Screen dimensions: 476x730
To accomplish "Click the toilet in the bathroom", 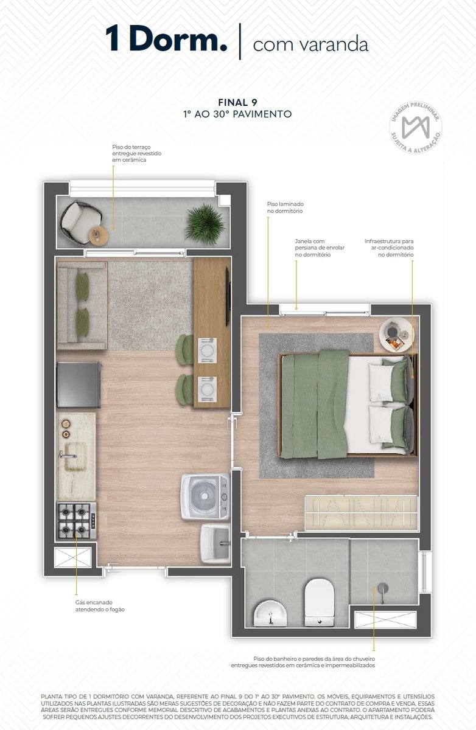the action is [320, 602].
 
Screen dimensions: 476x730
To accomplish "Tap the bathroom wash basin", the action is [270, 613].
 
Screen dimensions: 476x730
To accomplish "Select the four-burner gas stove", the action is [77, 521].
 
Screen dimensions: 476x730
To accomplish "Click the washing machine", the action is [205, 497].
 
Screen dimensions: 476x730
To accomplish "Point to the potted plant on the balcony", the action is [205, 224].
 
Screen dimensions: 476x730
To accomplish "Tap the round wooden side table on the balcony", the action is [99, 235].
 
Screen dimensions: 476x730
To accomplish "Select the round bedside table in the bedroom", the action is [396, 335].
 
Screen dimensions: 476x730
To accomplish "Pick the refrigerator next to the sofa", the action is [79, 384].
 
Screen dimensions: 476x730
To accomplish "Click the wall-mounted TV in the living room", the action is [228, 296].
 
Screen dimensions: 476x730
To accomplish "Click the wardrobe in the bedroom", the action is [361, 513].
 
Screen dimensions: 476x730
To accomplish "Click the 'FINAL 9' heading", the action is [237, 102].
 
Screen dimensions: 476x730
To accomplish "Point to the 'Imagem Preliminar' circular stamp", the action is [415, 127].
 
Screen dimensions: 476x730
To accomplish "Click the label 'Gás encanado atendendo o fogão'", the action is [100, 605].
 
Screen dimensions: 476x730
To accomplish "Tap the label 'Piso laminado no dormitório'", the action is [285, 207].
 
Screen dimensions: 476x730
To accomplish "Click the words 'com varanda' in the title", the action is [310, 44].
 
